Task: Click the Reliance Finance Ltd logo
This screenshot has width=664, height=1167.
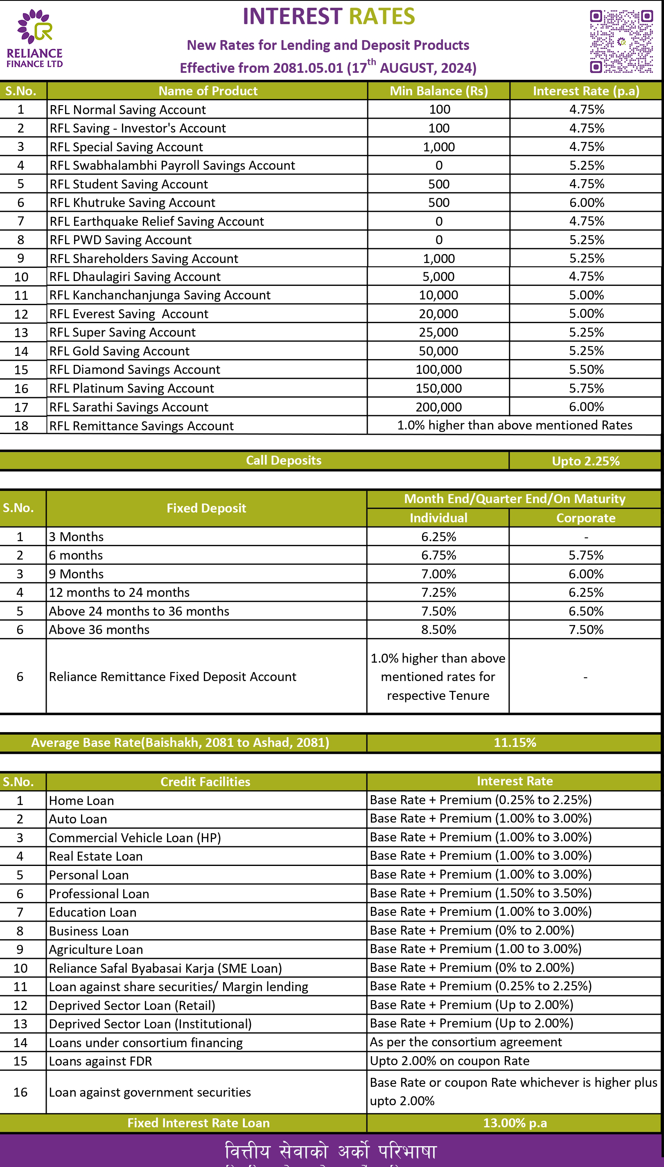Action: [35, 39]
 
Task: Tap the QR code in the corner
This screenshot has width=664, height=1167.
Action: [621, 41]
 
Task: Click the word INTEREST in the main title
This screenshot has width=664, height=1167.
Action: [292, 16]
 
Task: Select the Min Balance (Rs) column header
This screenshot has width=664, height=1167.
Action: [438, 91]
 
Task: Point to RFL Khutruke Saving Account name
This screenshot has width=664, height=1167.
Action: [132, 202]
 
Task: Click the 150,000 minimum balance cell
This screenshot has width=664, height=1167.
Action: [438, 388]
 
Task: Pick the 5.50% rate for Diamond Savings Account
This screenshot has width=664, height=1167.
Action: [586, 369]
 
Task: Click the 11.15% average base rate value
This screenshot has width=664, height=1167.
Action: [515, 742]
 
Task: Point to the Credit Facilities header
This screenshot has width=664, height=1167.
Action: [205, 782]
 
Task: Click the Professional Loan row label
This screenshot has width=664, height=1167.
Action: [99, 894]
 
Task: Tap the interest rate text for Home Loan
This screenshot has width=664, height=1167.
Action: [480, 800]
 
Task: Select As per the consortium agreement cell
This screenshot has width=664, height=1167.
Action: [465, 1042]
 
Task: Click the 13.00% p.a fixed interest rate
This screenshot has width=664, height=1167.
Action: [515, 1123]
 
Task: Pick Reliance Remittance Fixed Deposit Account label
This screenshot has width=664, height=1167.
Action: [172, 677]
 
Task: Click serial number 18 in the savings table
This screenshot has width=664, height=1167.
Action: [21, 425]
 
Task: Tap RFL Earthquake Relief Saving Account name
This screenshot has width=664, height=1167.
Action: [156, 221]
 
